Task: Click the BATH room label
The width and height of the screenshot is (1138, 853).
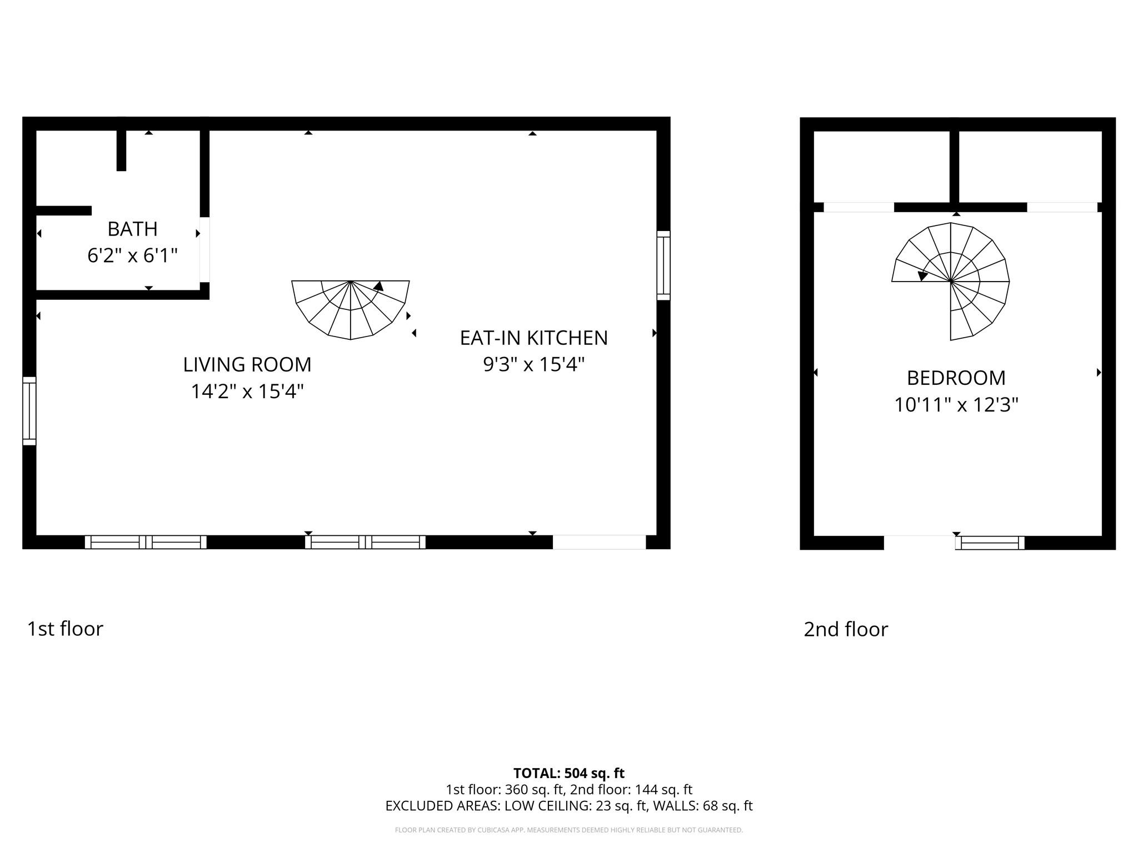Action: [132, 229]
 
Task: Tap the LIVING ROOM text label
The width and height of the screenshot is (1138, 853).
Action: [247, 364]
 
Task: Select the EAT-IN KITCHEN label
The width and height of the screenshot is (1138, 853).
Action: [533, 338]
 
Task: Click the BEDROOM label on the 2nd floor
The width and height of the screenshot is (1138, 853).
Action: [956, 378]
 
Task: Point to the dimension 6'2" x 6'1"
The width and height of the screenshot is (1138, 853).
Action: [132, 255]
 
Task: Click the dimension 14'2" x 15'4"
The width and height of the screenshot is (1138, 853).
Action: [247, 392]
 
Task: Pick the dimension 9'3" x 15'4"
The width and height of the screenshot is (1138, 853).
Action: [533, 365]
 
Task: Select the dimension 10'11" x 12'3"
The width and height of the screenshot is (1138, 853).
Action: [956, 405]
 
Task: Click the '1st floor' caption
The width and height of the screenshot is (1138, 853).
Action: [65, 629]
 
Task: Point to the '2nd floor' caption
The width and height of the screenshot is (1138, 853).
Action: [846, 629]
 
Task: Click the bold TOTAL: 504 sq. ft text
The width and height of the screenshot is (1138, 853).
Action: [568, 773]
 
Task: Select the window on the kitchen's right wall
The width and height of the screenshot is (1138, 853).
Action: [663, 265]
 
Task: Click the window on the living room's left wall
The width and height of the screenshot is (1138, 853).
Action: [29, 411]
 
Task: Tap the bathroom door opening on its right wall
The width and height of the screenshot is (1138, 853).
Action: [204, 249]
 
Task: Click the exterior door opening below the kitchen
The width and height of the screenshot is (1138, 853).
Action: [599, 542]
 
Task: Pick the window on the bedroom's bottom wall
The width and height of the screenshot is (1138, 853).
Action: [990, 543]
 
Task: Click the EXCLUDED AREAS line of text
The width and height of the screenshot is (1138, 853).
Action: [568, 806]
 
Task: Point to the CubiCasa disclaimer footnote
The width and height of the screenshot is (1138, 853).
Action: [568, 830]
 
